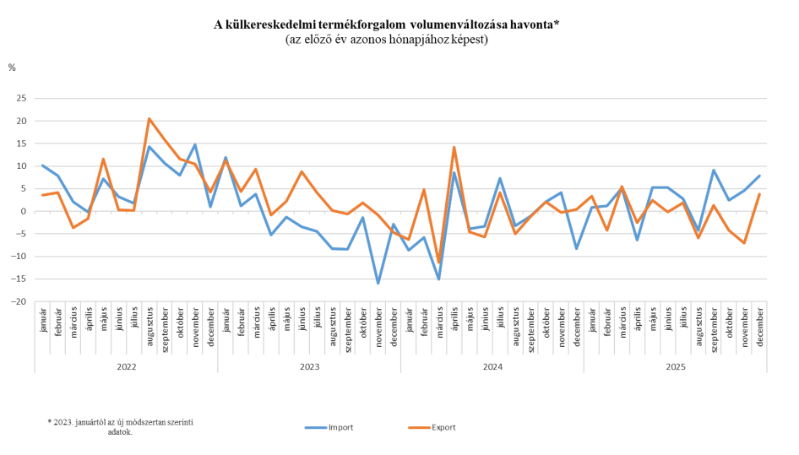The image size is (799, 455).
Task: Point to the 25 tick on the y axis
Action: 22,98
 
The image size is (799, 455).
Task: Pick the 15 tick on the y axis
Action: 22,144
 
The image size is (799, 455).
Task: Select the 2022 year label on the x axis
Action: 126,368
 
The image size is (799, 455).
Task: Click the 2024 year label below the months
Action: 492,368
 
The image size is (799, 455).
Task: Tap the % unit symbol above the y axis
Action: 12,67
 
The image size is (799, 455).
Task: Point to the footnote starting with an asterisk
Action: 120,425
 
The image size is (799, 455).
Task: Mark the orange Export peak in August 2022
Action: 149,118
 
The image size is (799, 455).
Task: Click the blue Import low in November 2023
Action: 378,283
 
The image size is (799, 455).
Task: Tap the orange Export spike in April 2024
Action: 454,147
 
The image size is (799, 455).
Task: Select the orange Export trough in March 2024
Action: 439,263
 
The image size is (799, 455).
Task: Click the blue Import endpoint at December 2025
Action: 760,176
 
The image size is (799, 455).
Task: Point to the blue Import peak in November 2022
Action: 195,145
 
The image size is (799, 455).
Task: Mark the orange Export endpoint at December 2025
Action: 760,194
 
